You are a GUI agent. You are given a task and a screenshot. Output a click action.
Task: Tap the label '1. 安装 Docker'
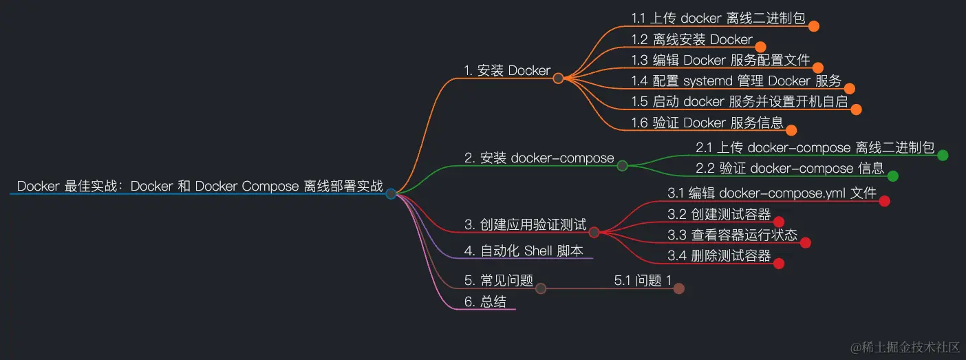[x=507, y=70]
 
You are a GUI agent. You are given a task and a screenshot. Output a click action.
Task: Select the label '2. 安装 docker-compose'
[x=539, y=158]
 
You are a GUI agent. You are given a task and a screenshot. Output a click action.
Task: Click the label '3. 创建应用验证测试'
[x=525, y=224]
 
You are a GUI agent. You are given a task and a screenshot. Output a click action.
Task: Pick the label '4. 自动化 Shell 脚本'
[x=524, y=251]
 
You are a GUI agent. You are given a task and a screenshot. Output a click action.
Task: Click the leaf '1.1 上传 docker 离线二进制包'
[x=718, y=19]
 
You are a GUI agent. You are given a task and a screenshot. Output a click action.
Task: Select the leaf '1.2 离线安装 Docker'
[x=692, y=39]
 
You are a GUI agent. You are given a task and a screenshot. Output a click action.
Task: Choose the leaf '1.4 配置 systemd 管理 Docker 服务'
[x=736, y=81]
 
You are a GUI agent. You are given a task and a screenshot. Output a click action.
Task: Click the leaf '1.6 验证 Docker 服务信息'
[x=707, y=123]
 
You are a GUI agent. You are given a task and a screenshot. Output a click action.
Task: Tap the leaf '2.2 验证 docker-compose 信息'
[x=790, y=168]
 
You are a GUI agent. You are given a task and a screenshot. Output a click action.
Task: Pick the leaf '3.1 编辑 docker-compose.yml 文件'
[x=772, y=193]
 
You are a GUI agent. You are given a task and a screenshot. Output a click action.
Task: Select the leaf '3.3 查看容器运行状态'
[x=733, y=235]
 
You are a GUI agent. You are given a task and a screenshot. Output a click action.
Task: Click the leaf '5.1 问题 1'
[x=643, y=280]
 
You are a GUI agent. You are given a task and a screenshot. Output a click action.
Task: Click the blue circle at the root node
[x=391, y=193]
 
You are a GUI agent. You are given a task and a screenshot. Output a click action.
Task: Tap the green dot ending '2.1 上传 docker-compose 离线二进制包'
[x=943, y=155]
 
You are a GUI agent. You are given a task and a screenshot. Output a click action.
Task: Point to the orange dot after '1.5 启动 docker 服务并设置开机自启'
[x=856, y=109]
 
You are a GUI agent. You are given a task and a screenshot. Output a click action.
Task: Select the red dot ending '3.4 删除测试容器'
[x=779, y=263]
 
